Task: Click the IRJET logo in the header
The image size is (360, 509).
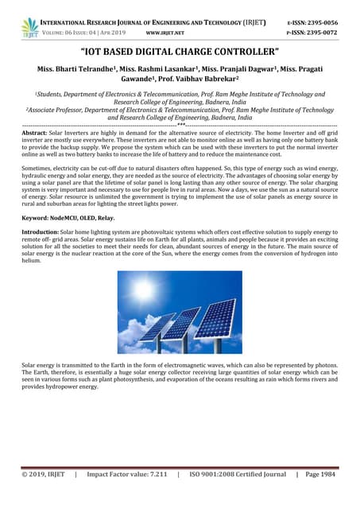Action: coord(30,27)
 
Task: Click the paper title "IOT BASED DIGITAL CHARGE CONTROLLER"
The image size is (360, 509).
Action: coord(180,53)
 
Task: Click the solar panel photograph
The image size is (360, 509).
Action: coord(180,312)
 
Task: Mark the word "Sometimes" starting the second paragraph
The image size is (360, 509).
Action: coord(39,169)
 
